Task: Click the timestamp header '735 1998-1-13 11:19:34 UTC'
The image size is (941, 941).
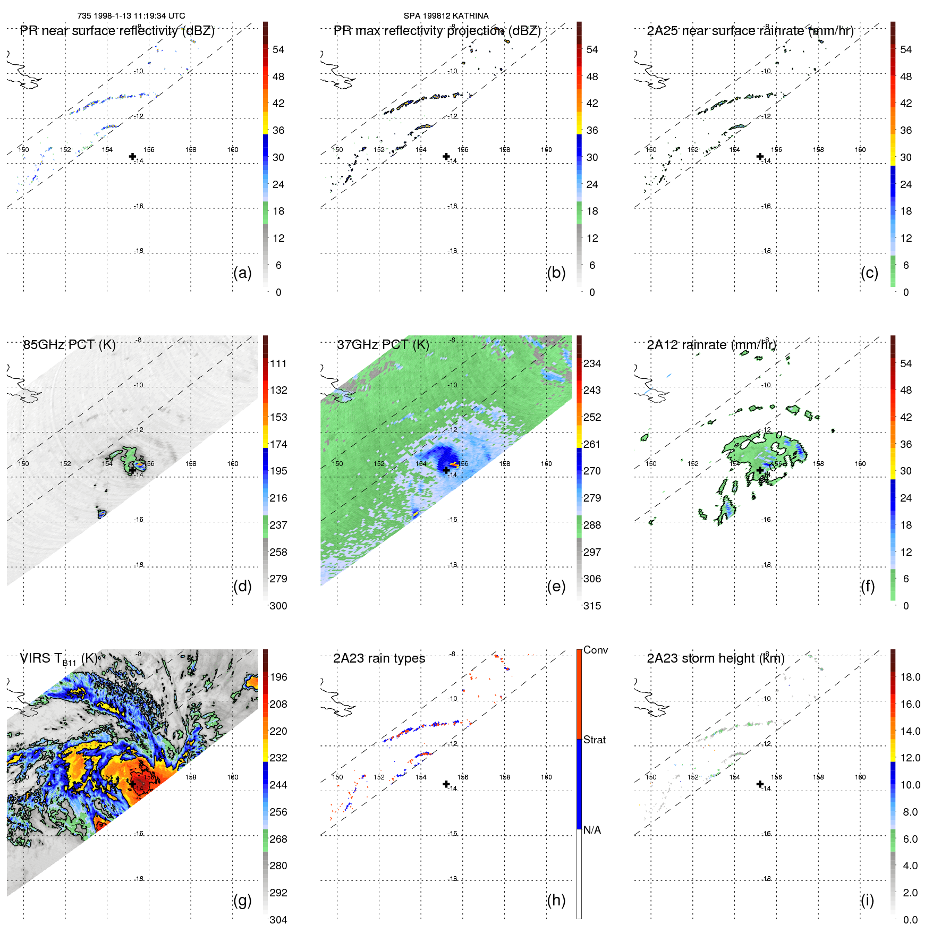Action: pos(131,16)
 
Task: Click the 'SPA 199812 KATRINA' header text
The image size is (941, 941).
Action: pos(446,16)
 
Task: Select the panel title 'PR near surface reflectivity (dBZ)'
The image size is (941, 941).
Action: pos(117,31)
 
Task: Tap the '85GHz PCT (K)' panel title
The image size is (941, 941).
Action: pos(69,345)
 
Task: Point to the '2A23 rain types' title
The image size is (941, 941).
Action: pos(379,658)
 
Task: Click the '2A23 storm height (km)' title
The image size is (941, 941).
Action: pos(715,658)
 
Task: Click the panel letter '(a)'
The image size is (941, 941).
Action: pos(242,273)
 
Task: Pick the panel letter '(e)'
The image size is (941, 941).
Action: pos(556,586)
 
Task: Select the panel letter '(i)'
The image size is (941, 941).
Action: pos(867,900)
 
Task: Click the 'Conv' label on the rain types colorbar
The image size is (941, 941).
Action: pos(595,650)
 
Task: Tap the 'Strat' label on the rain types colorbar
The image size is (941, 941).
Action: pos(594,740)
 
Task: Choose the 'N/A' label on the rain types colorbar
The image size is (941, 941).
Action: pos(592,830)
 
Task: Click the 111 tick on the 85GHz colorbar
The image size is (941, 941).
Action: pos(278,363)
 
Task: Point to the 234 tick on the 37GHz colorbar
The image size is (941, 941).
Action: pos(592,363)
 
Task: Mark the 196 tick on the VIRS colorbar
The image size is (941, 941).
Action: pos(278,677)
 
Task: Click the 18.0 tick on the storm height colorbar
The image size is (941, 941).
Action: pos(910,677)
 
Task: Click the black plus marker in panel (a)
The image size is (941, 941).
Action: pos(132,156)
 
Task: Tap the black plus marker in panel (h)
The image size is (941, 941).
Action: pos(446,784)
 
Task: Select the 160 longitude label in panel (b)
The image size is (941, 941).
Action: pos(546,150)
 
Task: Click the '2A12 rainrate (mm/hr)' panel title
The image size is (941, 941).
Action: pos(711,345)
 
